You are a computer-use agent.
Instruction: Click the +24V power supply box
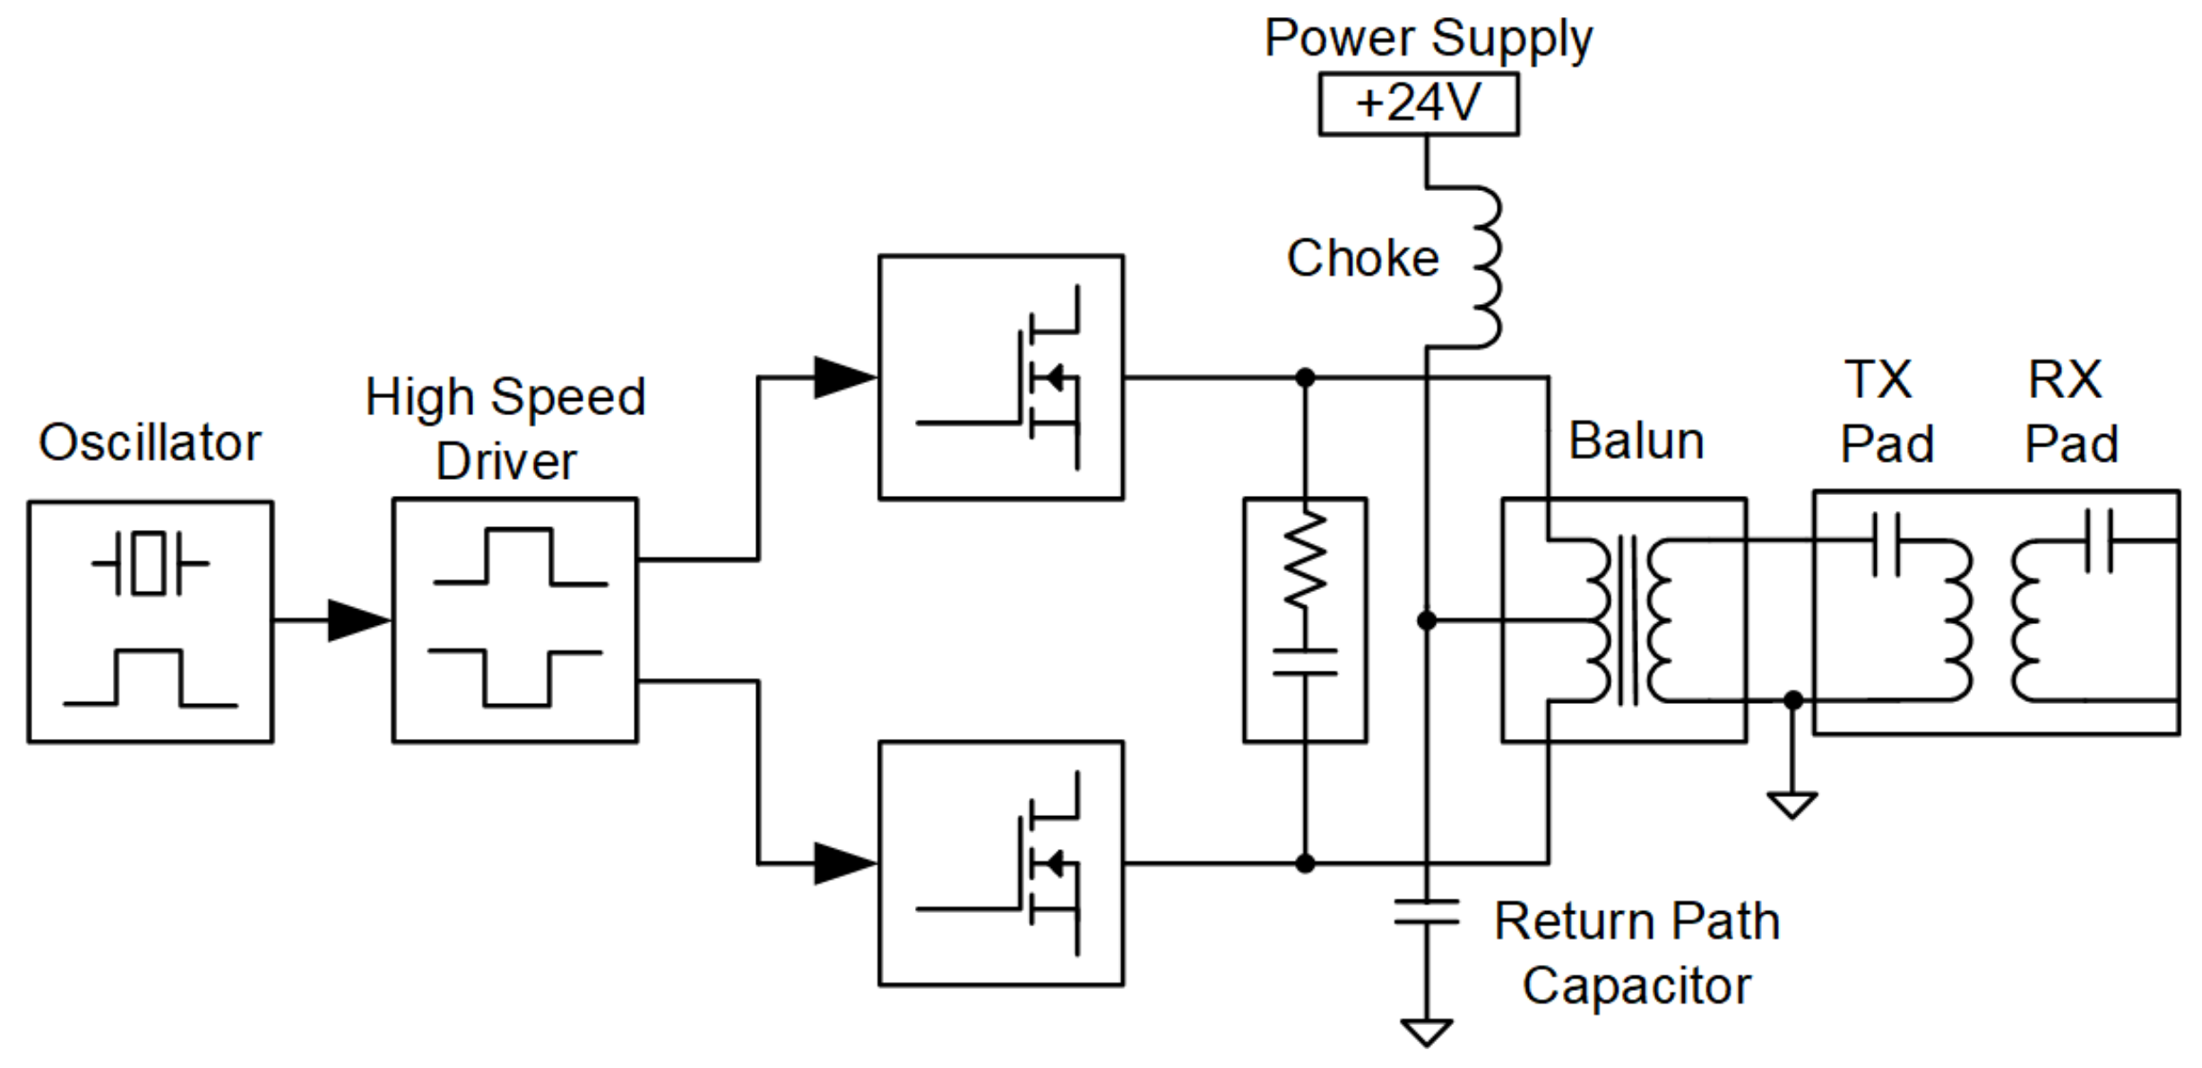coord(1418,104)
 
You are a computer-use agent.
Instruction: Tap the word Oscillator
coord(150,443)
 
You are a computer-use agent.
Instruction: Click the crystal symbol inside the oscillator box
coord(150,563)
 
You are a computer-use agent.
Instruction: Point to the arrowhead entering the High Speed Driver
coord(358,620)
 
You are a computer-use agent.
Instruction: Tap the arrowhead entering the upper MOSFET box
coord(843,378)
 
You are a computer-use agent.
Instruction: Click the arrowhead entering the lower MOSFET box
coord(843,864)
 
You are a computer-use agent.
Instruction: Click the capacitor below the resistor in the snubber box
coord(1305,662)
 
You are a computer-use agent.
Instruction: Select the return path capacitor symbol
coord(1427,913)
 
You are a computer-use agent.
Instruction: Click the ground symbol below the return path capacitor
coord(1427,1032)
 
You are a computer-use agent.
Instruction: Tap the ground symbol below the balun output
coord(1792,804)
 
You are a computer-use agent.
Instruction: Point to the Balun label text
coord(1636,441)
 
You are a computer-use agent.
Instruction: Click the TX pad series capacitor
coord(1886,543)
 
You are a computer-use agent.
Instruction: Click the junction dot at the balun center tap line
coord(1427,620)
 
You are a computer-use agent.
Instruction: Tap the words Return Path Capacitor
coord(1636,953)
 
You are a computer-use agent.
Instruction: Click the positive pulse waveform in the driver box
coord(519,557)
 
